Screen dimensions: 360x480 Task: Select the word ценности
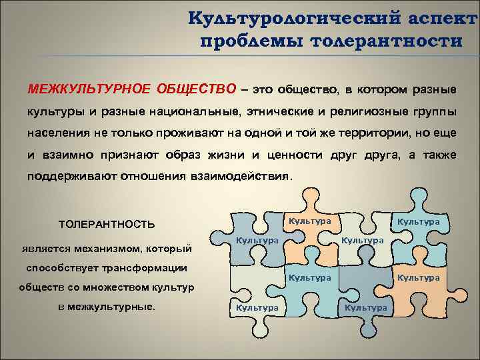pos(293,155)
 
